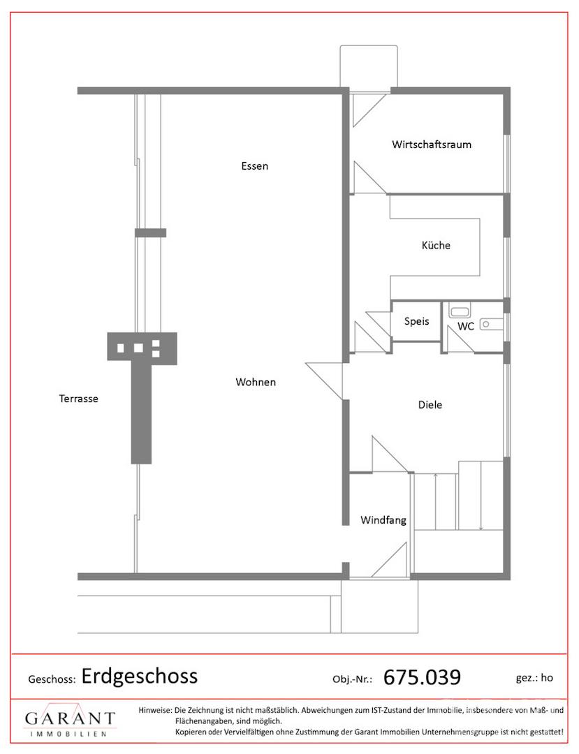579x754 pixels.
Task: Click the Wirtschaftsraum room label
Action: pyautogui.click(x=432, y=145)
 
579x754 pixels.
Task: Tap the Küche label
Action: pyautogui.click(x=436, y=245)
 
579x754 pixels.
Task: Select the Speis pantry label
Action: pyautogui.click(x=416, y=321)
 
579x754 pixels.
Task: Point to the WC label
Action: pyautogui.click(x=466, y=327)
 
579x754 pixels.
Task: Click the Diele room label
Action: pyautogui.click(x=430, y=405)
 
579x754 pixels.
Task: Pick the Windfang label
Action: pyautogui.click(x=383, y=520)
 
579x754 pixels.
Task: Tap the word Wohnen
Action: pyautogui.click(x=256, y=383)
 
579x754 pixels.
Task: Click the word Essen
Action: pyautogui.click(x=255, y=166)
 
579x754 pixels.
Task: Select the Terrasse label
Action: pyautogui.click(x=78, y=399)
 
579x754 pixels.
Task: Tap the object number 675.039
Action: pyautogui.click(x=422, y=677)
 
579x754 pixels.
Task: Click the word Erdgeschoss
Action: pyautogui.click(x=140, y=676)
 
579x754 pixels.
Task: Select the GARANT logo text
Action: pyautogui.click(x=71, y=718)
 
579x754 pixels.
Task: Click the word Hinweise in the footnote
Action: pyautogui.click(x=155, y=710)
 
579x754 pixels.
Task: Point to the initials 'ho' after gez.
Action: pyautogui.click(x=547, y=677)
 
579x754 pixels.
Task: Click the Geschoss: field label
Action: pyautogui.click(x=52, y=679)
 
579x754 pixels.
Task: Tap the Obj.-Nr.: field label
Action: pyautogui.click(x=353, y=679)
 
